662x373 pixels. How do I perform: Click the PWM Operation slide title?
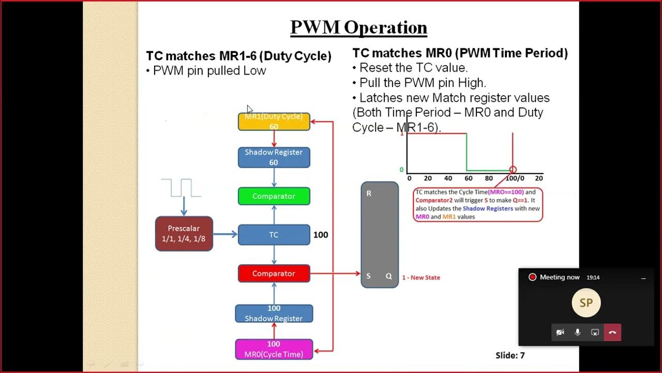[358, 27]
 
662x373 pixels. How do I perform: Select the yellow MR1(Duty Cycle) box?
[274, 122]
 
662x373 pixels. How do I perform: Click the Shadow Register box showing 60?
[274, 157]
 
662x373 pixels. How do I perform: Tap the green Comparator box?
[274, 196]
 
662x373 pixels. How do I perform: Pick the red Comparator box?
[274, 274]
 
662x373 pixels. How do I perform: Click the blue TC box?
[274, 235]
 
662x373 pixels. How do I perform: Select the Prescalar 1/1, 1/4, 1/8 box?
[184, 234]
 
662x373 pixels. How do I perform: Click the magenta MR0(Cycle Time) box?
[274, 349]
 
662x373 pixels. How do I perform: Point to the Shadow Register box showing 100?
[274, 313]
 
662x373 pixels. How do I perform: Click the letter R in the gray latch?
[369, 193]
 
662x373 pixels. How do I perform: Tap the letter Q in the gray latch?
[389, 276]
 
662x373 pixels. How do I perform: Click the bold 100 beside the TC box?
[321, 235]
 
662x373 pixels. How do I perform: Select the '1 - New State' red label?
[421, 278]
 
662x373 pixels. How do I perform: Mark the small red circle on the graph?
[513, 169]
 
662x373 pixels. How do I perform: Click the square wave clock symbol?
[181, 188]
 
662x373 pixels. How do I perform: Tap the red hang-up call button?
[612, 332]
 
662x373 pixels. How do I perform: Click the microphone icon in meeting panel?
[578, 332]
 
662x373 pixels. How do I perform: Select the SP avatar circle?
[586, 303]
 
